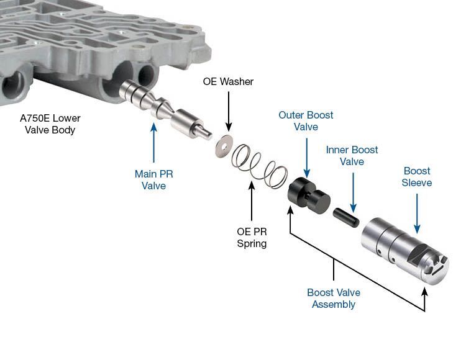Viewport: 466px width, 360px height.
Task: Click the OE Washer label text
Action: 228,82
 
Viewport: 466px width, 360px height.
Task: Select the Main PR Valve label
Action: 154,179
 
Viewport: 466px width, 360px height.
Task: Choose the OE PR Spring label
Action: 252,237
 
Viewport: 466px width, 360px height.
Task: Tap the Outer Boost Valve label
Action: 306,121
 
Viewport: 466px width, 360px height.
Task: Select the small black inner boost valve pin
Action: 344,217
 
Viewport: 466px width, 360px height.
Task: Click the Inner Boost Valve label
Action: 352,156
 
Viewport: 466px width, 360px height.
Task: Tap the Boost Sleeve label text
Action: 416,177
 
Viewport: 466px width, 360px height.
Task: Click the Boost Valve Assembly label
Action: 334,299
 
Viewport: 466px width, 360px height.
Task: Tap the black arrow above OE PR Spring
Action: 252,199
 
